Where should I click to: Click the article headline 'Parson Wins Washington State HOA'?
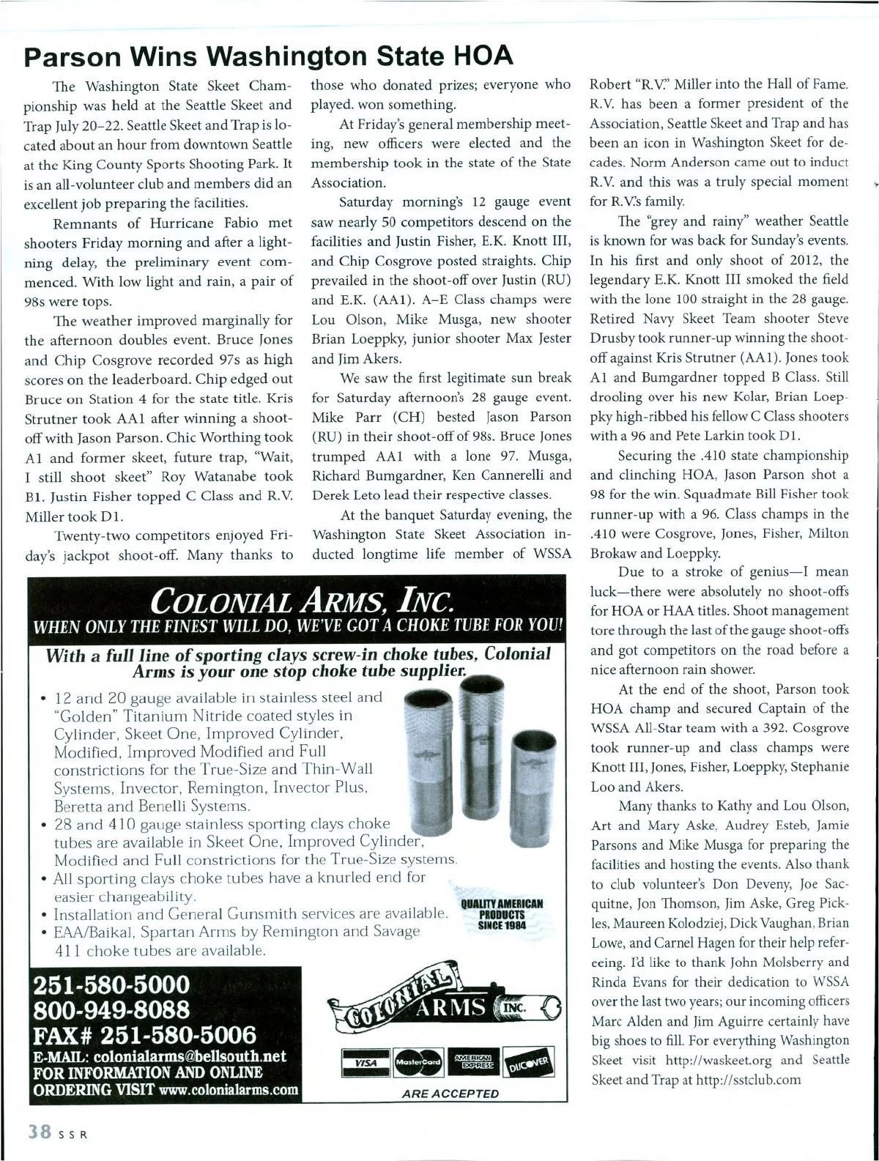tap(268, 56)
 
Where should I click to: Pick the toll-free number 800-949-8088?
tap(107, 1010)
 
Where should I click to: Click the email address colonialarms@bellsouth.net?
tap(190, 1057)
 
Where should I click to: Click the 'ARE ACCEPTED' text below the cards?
tap(450, 1094)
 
